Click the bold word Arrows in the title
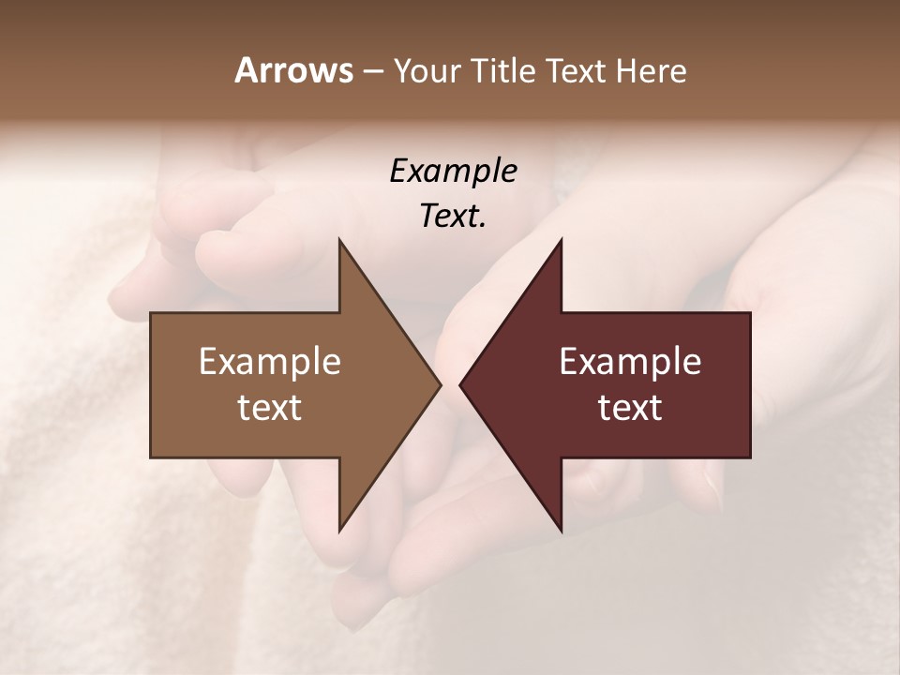click(x=293, y=70)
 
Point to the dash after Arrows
click(x=371, y=72)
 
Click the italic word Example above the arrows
click(x=453, y=171)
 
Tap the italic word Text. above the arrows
click(x=453, y=216)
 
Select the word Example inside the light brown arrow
click(x=270, y=362)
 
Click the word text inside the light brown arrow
click(x=270, y=408)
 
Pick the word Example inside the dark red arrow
click(x=630, y=362)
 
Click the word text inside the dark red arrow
click(x=630, y=408)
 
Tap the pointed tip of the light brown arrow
click(x=441, y=384)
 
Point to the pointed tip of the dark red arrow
click(x=460, y=384)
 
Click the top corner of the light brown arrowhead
click(x=339, y=239)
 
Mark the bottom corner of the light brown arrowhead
click(x=339, y=531)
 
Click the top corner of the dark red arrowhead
click(x=562, y=239)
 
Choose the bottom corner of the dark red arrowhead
click(x=562, y=531)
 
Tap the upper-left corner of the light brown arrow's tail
click(x=151, y=313)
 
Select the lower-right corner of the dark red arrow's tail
click(x=750, y=457)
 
